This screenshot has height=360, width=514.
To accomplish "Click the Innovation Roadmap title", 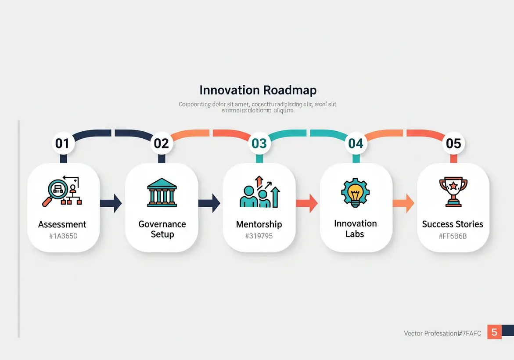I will click(258, 90).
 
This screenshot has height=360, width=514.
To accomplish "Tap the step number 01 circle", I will click(62, 143).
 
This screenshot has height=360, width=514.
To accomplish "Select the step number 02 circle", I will click(161, 143).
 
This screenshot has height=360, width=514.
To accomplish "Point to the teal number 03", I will click(259, 143).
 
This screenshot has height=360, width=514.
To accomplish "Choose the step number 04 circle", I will click(356, 143).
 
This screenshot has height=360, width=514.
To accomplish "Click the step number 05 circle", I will click(453, 143).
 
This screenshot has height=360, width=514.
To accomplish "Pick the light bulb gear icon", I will click(356, 192).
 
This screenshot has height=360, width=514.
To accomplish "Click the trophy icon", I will click(453, 192).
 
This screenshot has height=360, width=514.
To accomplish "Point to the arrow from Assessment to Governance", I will click(111, 203).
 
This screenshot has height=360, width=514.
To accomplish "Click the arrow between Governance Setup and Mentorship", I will click(209, 203).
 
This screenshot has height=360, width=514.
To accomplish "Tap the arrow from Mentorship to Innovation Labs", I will click(307, 203).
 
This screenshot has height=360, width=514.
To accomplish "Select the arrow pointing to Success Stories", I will click(403, 203).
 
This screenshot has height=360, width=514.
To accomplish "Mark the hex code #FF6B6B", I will click(453, 236).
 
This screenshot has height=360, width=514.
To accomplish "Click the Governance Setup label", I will click(162, 229).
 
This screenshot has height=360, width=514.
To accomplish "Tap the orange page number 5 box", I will click(494, 332).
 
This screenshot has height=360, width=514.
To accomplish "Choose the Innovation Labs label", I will click(355, 229).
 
